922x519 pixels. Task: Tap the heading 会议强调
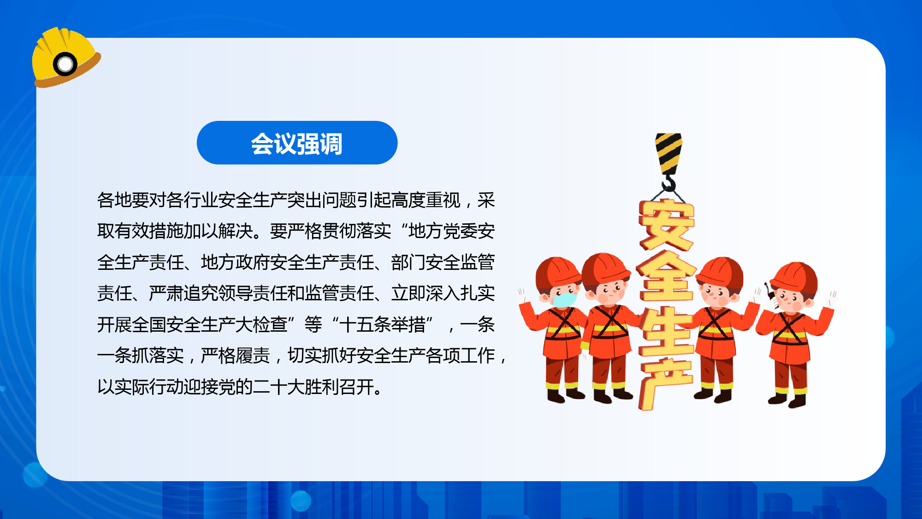[x=297, y=143]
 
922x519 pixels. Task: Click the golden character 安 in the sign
[x=667, y=225]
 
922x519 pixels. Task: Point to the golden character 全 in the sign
[x=667, y=277]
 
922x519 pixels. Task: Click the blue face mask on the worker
[x=564, y=299]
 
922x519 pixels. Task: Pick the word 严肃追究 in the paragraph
[x=183, y=293]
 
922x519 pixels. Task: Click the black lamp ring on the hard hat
[x=65, y=64]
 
